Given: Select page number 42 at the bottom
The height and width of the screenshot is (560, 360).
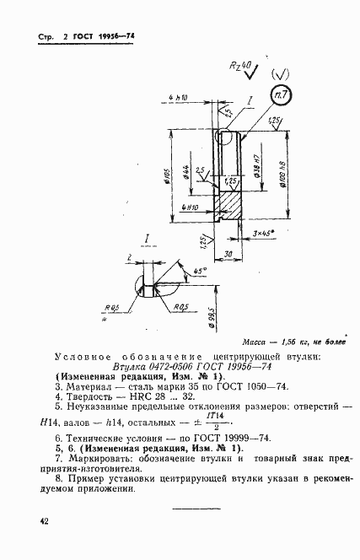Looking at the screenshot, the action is click(x=43, y=522).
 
